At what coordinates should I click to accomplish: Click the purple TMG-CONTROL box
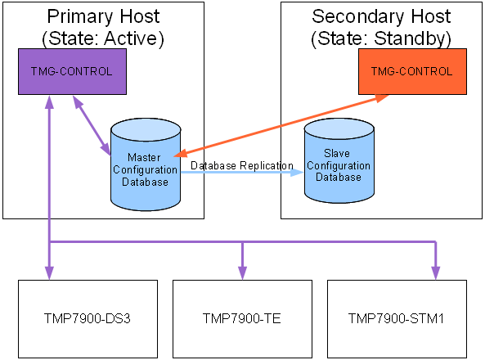pyautogui.click(x=72, y=71)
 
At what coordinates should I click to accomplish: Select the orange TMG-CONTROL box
pyautogui.click(x=413, y=71)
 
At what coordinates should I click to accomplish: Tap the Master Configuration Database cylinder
pyautogui.click(x=146, y=164)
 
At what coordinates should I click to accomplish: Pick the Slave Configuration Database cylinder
pyautogui.click(x=339, y=160)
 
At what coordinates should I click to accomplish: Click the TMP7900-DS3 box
pyautogui.click(x=88, y=319)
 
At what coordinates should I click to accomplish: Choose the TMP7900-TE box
pyautogui.click(x=242, y=319)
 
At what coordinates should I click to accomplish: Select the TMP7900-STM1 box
pyautogui.click(x=397, y=319)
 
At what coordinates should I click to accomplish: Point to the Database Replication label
pyautogui.click(x=242, y=165)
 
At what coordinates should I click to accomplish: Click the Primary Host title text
pyautogui.click(x=103, y=16)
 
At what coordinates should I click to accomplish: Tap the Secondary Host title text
pyautogui.click(x=381, y=16)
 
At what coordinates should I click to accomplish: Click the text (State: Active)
pyautogui.click(x=103, y=38)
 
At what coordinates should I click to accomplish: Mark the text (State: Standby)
pyautogui.click(x=381, y=38)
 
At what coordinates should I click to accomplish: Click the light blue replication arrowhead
pyautogui.click(x=297, y=172)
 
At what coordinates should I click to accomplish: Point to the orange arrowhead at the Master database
pyautogui.click(x=181, y=153)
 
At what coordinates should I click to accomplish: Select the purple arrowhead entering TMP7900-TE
pyautogui.click(x=242, y=272)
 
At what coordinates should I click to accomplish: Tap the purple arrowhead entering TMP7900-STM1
pyautogui.click(x=436, y=272)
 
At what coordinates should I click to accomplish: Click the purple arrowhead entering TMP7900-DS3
pyautogui.click(x=50, y=272)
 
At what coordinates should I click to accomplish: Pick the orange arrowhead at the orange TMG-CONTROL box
pyautogui.click(x=382, y=98)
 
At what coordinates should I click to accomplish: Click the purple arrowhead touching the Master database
pyautogui.click(x=106, y=149)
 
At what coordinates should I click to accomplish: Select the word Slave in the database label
pyautogui.click(x=337, y=153)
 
